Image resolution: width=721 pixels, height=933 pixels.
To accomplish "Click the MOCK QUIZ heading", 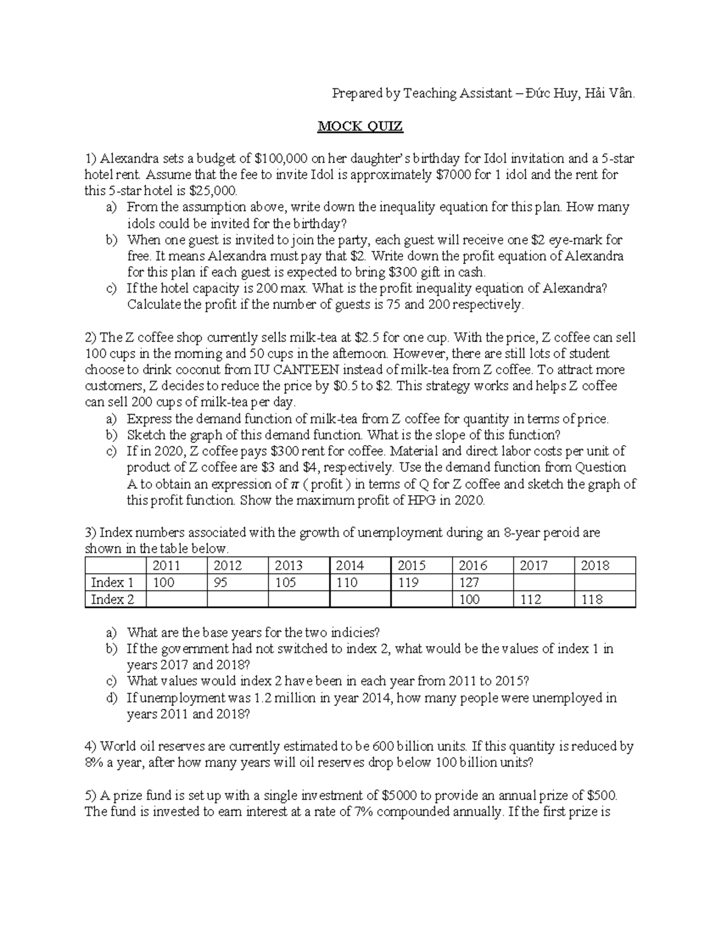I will tap(360, 126).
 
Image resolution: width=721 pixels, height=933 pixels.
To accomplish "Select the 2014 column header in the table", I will tap(350, 565).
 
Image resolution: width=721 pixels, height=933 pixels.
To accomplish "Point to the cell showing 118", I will tap(591, 599).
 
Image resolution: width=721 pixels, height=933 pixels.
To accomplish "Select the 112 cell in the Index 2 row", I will tap(531, 599).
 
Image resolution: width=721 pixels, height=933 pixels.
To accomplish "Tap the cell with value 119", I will tap(408, 582).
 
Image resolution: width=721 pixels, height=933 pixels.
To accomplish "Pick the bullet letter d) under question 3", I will tap(111, 698).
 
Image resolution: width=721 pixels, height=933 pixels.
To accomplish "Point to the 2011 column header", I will tap(166, 565).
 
